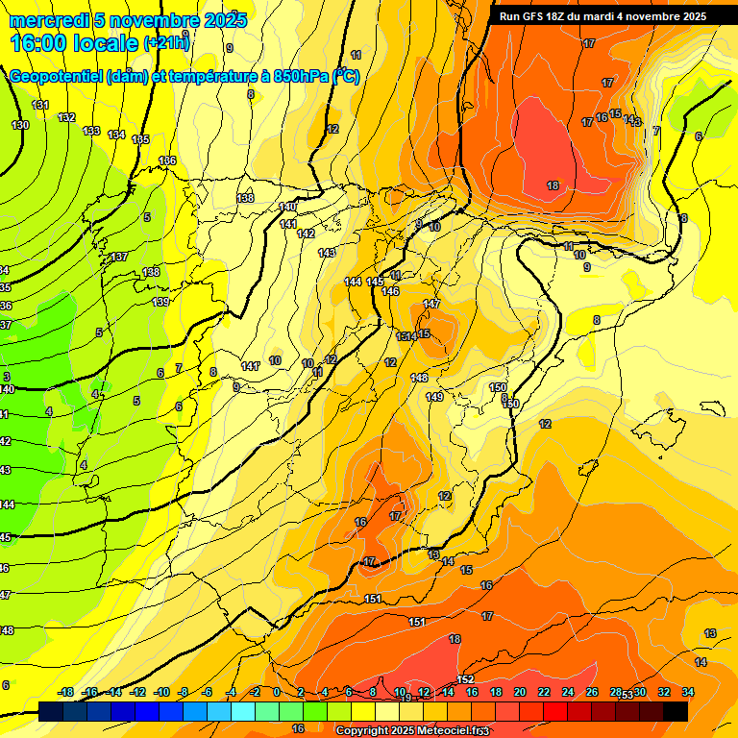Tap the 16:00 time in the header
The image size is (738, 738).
coord(39,42)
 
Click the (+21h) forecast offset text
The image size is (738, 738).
coord(166,42)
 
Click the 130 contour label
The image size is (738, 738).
coord(20,125)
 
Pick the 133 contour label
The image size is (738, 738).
coord(91,131)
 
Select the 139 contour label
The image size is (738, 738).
coord(160,302)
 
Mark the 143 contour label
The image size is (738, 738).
coord(327,253)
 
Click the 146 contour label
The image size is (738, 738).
coord(390,291)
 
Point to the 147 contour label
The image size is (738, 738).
coord(431,304)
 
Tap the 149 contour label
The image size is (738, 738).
coord(434,397)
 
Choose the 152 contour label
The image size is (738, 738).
coord(466,679)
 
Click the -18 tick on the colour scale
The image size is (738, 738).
coord(65,692)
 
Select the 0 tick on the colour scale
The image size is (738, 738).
coord(277,692)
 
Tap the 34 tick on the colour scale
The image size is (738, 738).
coord(688,692)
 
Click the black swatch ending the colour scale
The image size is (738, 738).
coord(676,711)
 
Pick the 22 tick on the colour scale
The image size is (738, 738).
coord(544,692)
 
